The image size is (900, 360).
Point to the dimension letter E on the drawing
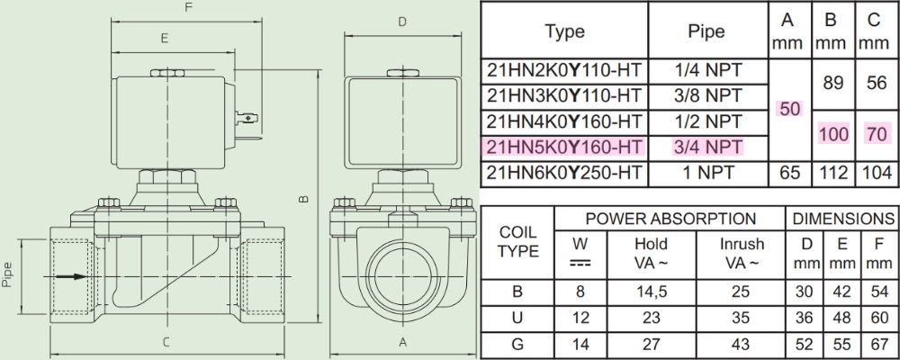coord(164,39)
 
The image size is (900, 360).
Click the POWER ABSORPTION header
coord(670,219)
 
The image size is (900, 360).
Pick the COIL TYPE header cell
coord(517,241)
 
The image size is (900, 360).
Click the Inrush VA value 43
coord(742,343)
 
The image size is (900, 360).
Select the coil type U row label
coord(517,318)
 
